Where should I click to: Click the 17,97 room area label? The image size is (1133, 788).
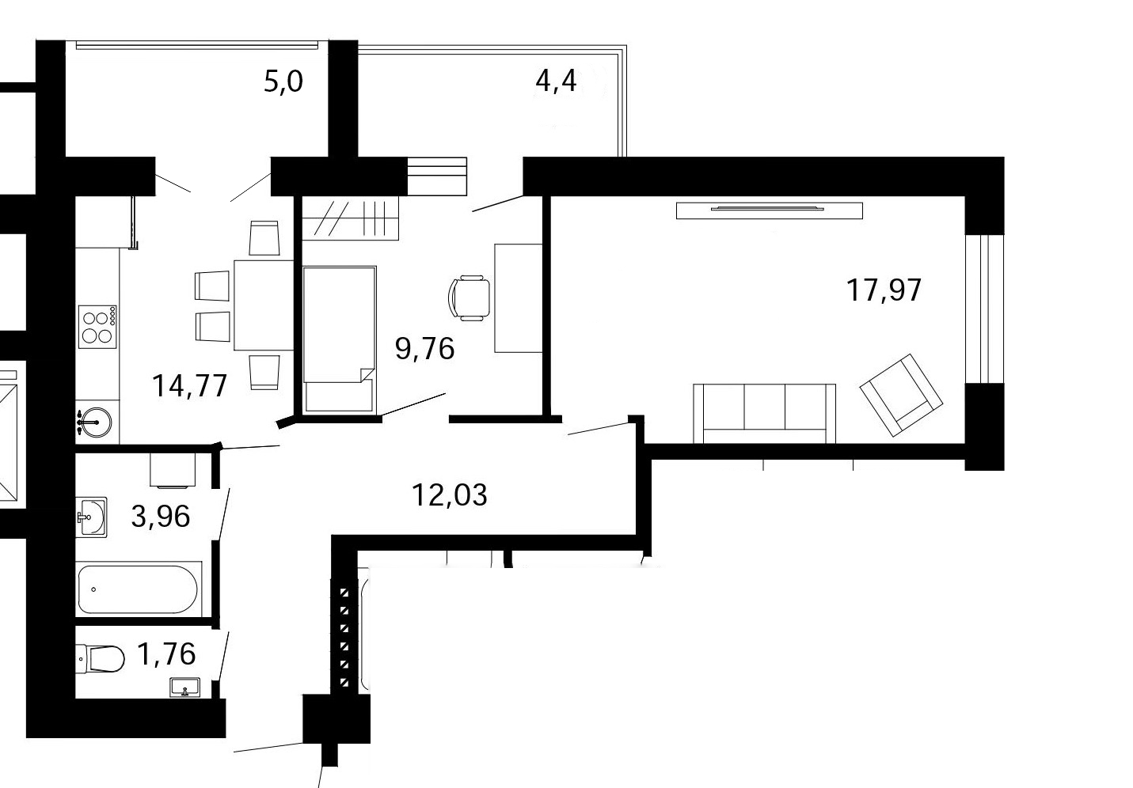click(884, 290)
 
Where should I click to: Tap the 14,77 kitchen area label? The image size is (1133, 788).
click(190, 386)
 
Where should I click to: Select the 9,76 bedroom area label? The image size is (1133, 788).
click(425, 349)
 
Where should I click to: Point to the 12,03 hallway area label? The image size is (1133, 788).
click(450, 494)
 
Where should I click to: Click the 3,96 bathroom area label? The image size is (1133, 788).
click(161, 517)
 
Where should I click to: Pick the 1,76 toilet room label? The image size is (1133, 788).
click(166, 654)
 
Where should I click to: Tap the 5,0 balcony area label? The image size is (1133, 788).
click(283, 81)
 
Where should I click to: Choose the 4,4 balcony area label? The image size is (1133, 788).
click(556, 81)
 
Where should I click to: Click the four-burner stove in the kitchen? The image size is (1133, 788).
click(97, 327)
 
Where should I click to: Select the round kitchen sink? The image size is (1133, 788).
click(94, 422)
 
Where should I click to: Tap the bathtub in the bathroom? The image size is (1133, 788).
click(138, 589)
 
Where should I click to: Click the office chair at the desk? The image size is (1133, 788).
click(470, 297)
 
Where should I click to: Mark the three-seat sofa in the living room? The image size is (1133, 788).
click(764, 414)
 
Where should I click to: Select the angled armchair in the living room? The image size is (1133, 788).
click(901, 396)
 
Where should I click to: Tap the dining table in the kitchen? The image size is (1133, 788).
click(264, 305)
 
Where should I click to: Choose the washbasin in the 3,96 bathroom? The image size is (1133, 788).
click(92, 517)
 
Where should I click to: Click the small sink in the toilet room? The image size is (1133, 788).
click(185, 687)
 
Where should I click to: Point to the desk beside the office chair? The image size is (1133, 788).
click(519, 298)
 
